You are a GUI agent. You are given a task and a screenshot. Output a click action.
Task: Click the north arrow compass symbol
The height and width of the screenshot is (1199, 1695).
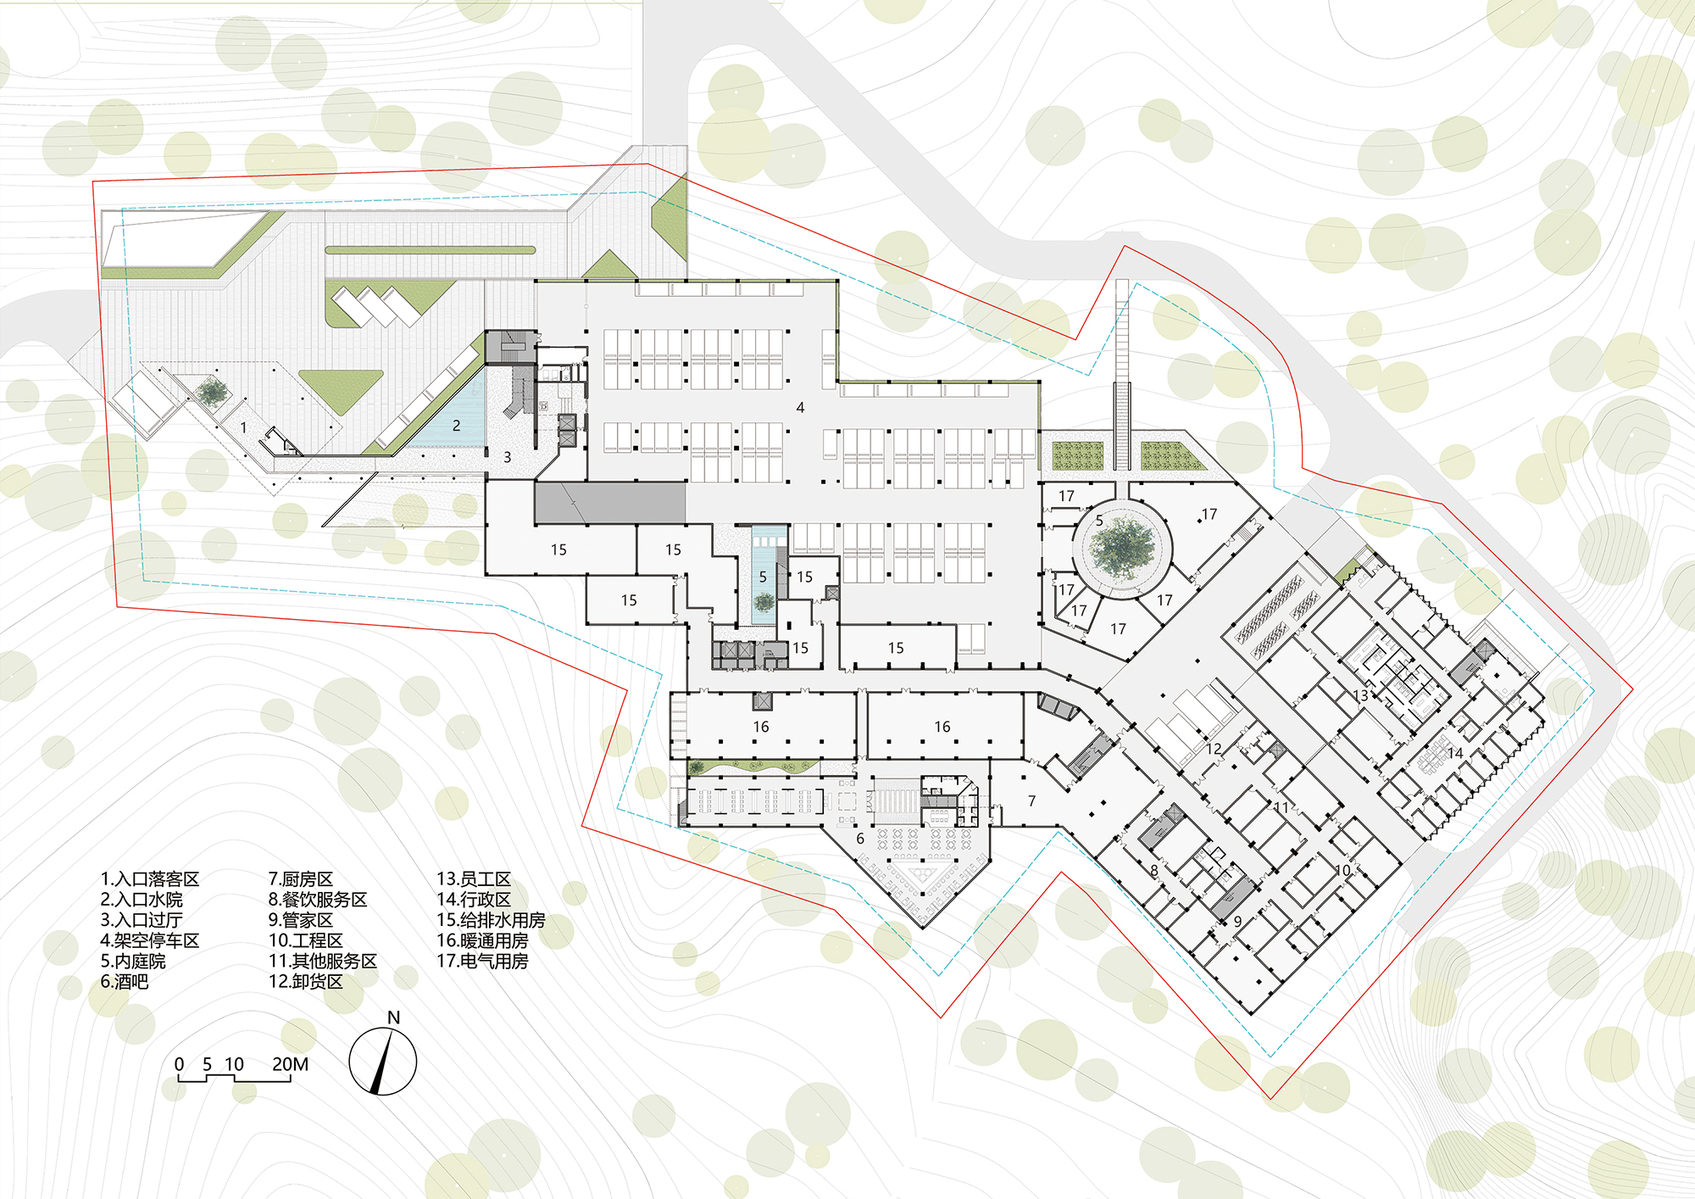(383, 1062)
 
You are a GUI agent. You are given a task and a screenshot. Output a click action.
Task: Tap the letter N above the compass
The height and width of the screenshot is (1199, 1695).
(393, 1018)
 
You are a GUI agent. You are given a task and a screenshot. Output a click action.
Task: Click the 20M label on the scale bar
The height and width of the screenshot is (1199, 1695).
(290, 1064)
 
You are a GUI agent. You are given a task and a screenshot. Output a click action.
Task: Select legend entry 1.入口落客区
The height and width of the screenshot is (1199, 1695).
(150, 879)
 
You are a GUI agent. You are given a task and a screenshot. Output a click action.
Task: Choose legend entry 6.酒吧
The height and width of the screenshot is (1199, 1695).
(125, 982)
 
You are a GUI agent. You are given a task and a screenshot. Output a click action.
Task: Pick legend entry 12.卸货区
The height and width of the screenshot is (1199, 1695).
(306, 982)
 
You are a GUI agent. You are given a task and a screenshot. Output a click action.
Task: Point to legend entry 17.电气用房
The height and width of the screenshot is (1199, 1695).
(482, 962)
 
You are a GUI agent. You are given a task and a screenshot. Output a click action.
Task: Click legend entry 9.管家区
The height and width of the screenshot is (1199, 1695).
(301, 920)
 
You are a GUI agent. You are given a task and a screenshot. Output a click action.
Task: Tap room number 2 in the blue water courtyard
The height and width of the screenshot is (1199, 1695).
(456, 426)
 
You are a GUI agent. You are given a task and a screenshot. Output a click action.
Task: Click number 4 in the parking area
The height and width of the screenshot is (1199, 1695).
(800, 408)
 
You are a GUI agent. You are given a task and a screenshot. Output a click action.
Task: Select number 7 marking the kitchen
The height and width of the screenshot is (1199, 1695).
(1031, 800)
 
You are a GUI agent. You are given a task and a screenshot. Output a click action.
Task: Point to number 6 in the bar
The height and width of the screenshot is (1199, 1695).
(860, 839)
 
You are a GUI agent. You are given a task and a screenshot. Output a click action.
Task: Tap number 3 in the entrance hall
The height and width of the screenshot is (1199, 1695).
(508, 457)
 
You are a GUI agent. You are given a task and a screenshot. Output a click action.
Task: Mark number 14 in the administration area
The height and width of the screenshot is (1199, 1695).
(1455, 753)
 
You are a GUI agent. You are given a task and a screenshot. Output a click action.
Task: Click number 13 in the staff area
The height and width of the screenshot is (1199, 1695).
(1360, 695)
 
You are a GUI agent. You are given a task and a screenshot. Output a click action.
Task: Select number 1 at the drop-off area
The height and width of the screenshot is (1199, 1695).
(243, 427)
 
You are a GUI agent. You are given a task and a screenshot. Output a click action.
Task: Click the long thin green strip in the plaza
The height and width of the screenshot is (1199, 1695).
(430, 250)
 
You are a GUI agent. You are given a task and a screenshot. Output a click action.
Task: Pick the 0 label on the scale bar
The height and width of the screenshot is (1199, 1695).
(179, 1064)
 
